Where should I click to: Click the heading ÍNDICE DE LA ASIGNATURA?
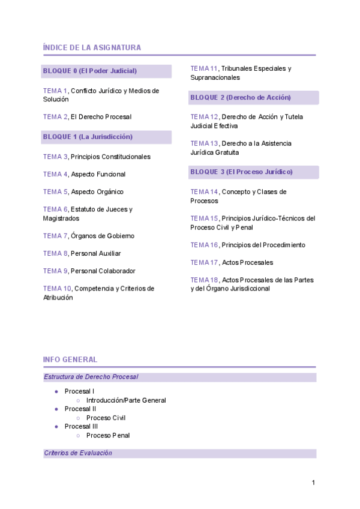point(92,47)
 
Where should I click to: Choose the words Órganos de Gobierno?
point(103,236)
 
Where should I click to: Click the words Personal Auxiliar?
point(96,253)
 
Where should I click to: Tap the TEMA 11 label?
point(204,68)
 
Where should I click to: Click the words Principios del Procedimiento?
point(263,245)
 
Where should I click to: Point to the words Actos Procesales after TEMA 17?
point(247,262)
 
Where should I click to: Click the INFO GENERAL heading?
point(70,360)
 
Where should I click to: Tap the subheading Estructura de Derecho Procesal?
point(91,377)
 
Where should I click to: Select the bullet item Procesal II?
point(80,409)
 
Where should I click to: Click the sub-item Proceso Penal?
point(108,435)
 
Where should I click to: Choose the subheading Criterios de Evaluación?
point(78,453)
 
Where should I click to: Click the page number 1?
point(313,483)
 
